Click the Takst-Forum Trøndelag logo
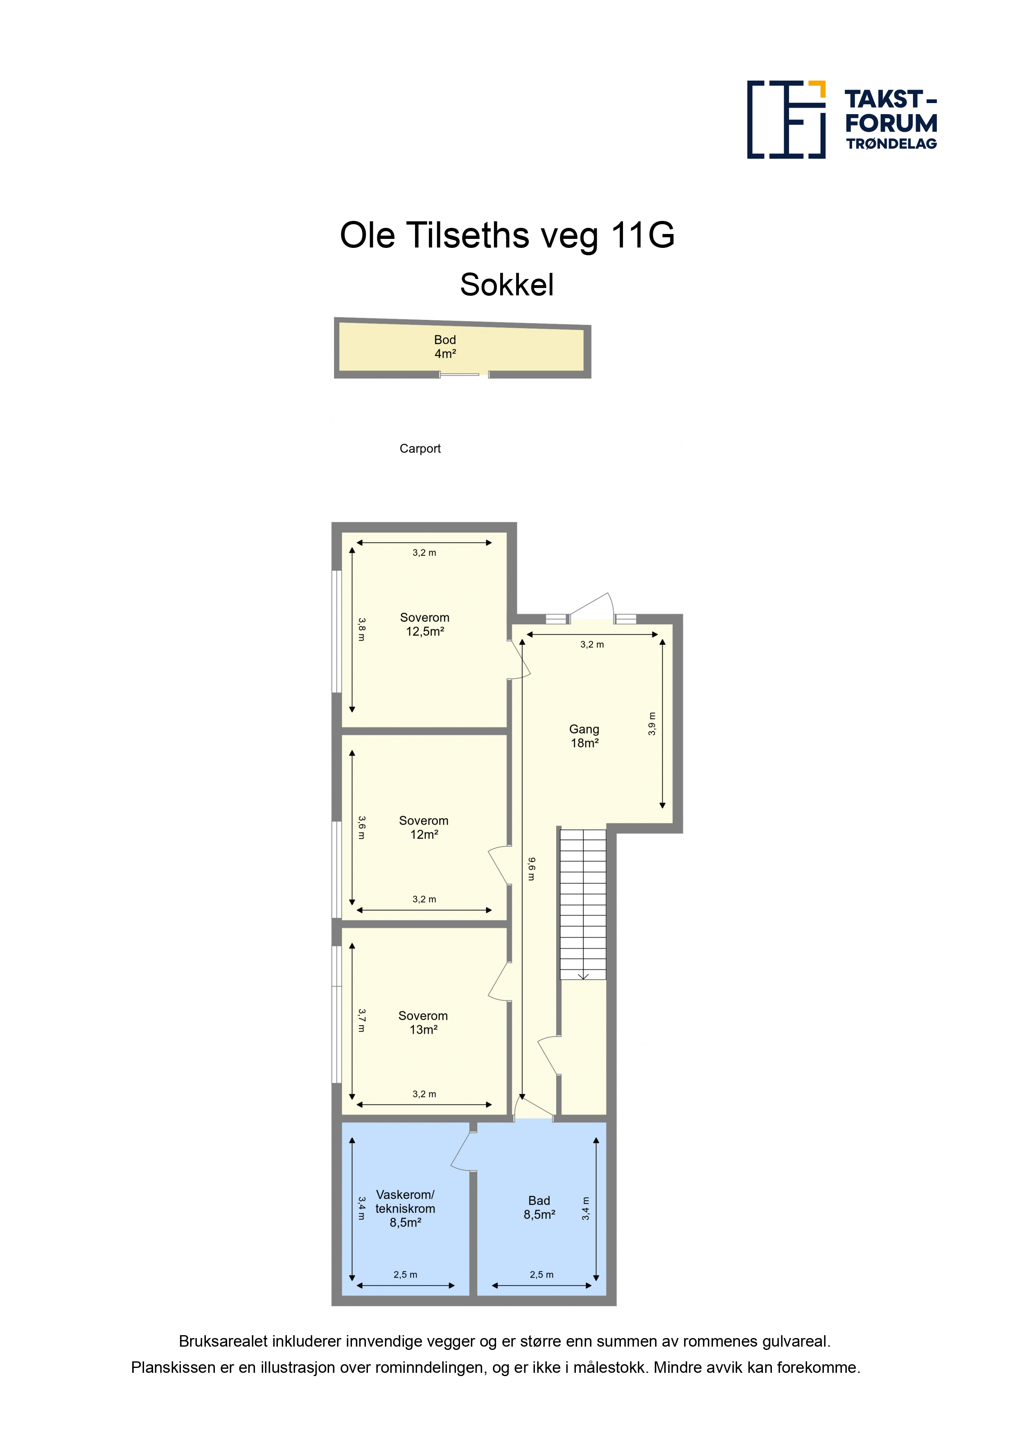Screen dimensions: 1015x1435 point(842,119)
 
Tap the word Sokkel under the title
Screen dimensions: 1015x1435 point(507,285)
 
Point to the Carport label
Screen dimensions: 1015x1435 point(420,449)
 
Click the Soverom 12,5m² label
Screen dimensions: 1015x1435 point(425,624)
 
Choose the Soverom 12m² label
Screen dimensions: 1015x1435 point(424,828)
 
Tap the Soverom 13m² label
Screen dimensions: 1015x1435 point(423,1023)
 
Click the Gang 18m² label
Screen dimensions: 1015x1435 point(584,736)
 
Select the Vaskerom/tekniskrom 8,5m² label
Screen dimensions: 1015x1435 point(405,1209)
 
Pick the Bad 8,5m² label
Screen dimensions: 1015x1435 point(539,1208)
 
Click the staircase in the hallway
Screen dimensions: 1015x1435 point(583,904)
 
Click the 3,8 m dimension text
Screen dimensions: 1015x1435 point(361,630)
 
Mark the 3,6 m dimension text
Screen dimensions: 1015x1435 point(361,828)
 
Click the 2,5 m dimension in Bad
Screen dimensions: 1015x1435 point(541,1274)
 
